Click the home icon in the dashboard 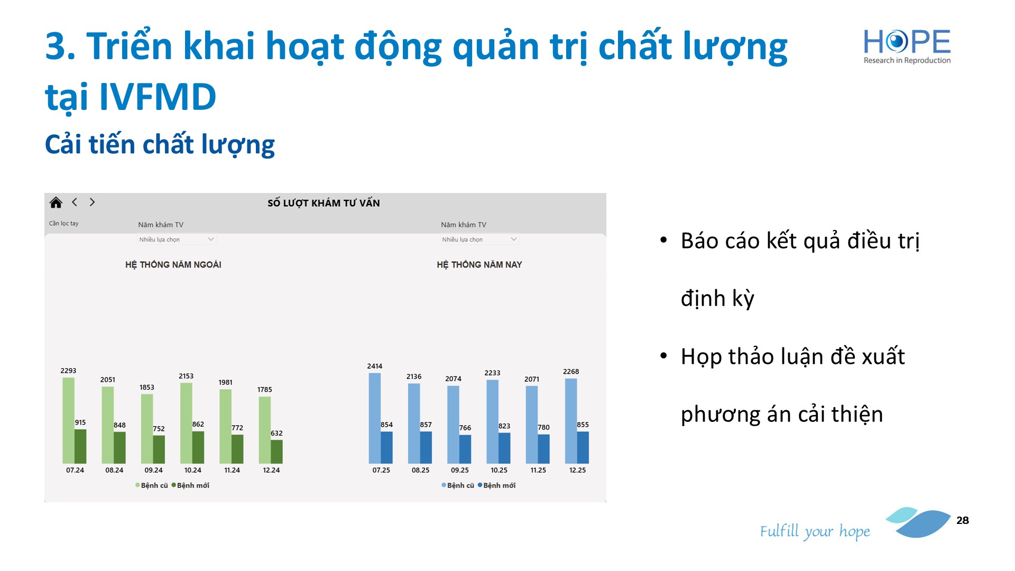pyautogui.click(x=56, y=202)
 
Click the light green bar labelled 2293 pyautogui.click(x=69, y=420)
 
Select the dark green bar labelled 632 pyautogui.click(x=276, y=452)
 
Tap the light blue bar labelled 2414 pyautogui.click(x=375, y=418)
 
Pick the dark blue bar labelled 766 pyautogui.click(x=465, y=449)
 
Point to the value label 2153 pyautogui.click(x=186, y=376)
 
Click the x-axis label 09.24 pyautogui.click(x=153, y=470)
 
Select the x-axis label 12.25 pyautogui.click(x=577, y=470)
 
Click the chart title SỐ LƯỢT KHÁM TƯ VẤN pyautogui.click(x=324, y=203)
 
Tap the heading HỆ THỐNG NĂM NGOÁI pyautogui.click(x=173, y=264)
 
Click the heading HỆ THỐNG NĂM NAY pyautogui.click(x=479, y=264)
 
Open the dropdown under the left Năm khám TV pyautogui.click(x=177, y=240)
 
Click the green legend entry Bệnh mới pyautogui.click(x=190, y=485)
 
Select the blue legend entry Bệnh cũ pyautogui.click(x=458, y=485)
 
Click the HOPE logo pyautogui.click(x=907, y=47)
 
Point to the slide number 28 pyautogui.click(x=963, y=520)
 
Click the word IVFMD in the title pyautogui.click(x=158, y=97)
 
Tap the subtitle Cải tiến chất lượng pyautogui.click(x=160, y=144)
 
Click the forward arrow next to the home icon pyautogui.click(x=92, y=202)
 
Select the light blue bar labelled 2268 pyautogui.click(x=571, y=421)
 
